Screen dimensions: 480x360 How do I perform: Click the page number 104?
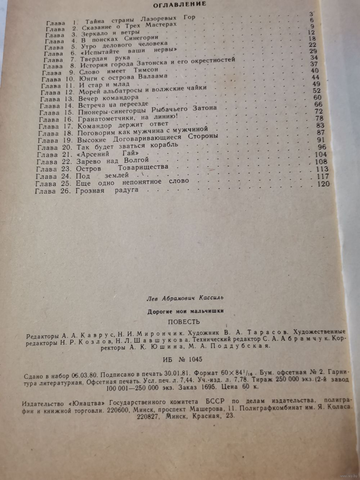(x=321, y=154)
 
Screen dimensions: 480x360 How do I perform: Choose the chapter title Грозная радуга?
(x=107, y=190)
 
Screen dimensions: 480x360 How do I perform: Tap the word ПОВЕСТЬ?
(x=184, y=322)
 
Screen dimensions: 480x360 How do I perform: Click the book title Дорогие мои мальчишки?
(x=185, y=311)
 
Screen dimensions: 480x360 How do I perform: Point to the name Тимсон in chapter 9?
(x=146, y=70)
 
